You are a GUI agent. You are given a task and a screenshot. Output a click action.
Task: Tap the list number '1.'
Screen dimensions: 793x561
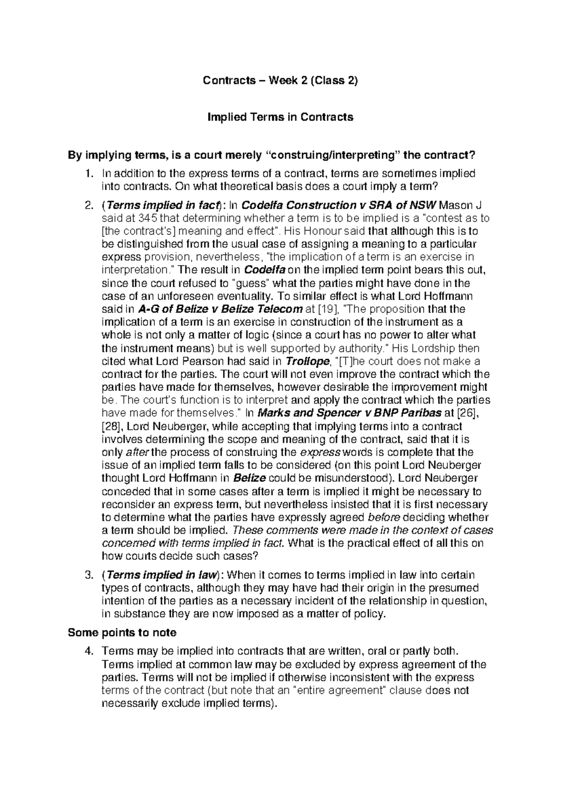pyautogui.click(x=89, y=173)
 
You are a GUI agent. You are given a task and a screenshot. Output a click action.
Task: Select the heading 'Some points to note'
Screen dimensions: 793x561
pyautogui.click(x=122, y=633)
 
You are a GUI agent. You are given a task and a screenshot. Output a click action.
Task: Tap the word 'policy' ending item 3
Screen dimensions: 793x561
pyautogui.click(x=372, y=614)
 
